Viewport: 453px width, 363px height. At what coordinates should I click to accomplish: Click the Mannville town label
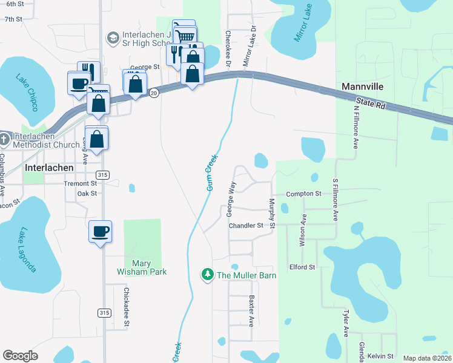pos(362,87)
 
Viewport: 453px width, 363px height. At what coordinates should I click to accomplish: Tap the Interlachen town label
pos(49,168)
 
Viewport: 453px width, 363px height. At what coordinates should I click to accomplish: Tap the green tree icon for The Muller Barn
pos(208,275)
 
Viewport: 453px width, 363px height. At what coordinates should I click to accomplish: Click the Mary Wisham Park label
pos(142,267)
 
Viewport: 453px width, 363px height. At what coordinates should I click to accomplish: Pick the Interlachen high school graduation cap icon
pos(113,38)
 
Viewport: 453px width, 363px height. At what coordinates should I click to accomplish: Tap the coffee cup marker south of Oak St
pos(100,231)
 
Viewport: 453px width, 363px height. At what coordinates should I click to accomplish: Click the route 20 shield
pos(154,93)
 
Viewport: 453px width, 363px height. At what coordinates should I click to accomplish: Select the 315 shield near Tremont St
pos(103,175)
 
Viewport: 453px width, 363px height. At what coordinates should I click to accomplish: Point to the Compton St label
pos(303,194)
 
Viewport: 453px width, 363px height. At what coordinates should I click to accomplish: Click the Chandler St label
pos(246,225)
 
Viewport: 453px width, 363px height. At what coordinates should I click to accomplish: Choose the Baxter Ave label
pos(251,308)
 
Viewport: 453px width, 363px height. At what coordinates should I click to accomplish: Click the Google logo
pos(20,356)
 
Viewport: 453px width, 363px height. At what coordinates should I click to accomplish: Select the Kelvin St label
pos(380,356)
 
